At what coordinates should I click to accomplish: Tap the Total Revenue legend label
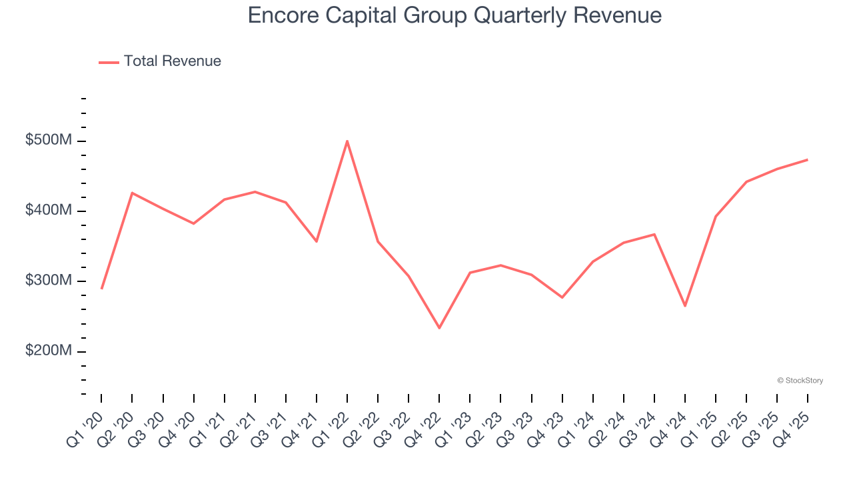click(x=172, y=61)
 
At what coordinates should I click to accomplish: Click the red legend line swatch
click(x=109, y=62)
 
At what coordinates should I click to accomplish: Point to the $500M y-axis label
click(x=49, y=141)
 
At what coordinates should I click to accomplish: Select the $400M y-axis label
click(x=49, y=211)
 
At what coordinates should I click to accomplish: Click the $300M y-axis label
click(x=49, y=281)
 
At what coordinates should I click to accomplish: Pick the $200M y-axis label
click(x=49, y=351)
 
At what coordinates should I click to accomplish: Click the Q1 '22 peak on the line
click(x=347, y=141)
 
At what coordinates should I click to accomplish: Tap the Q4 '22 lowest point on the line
click(x=439, y=328)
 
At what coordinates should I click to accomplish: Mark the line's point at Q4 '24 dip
click(x=685, y=306)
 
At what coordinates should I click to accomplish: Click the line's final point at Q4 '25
click(x=808, y=159)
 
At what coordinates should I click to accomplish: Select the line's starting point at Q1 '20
click(x=101, y=289)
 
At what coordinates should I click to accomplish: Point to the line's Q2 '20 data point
click(x=132, y=193)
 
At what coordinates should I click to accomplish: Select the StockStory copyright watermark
click(x=800, y=381)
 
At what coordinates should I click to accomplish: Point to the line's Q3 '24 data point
click(x=654, y=234)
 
